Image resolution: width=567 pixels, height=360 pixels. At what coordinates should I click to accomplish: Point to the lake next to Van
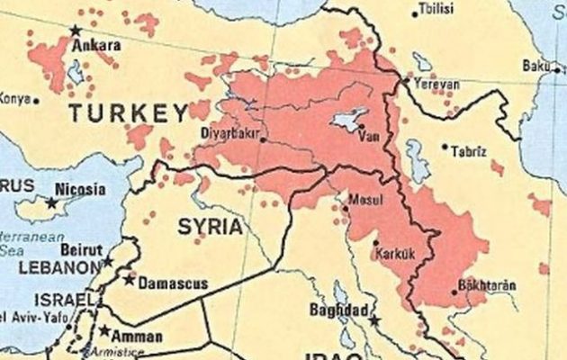coord(346,121)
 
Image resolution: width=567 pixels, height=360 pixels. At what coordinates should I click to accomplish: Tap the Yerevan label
coord(436,85)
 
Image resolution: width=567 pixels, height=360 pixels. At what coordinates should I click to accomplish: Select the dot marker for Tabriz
coord(445,147)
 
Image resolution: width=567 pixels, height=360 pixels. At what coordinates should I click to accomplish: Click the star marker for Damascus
coord(130,281)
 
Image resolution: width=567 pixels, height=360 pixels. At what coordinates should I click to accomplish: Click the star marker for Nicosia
coord(51,203)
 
